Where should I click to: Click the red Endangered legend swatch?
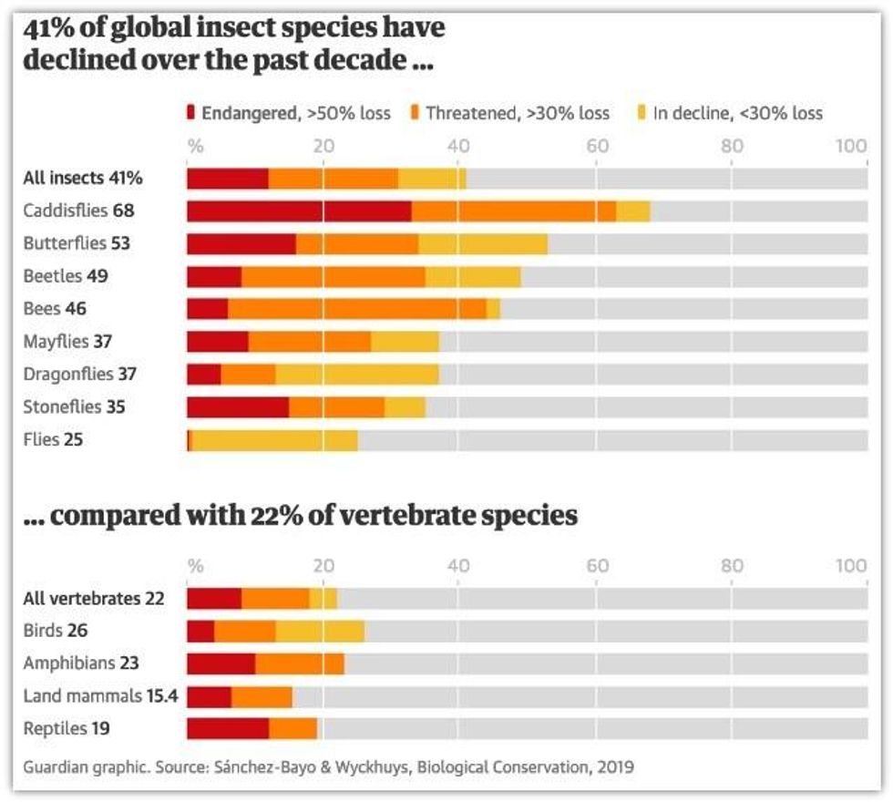pos(190,113)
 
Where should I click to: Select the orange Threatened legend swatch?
pos(414,113)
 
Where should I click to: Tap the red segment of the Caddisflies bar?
pos(299,211)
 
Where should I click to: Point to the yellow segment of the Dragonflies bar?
pos(357,375)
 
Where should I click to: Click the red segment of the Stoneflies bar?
pos(238,407)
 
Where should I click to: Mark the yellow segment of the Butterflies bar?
pos(483,244)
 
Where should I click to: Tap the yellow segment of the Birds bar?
pos(320,631)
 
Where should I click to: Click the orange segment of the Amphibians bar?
pos(300,663)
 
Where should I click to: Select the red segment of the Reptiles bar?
pos(228,729)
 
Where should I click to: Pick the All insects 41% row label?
pos(82,178)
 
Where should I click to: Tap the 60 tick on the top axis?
pos(597,146)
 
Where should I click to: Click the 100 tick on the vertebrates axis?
pos(852,566)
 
